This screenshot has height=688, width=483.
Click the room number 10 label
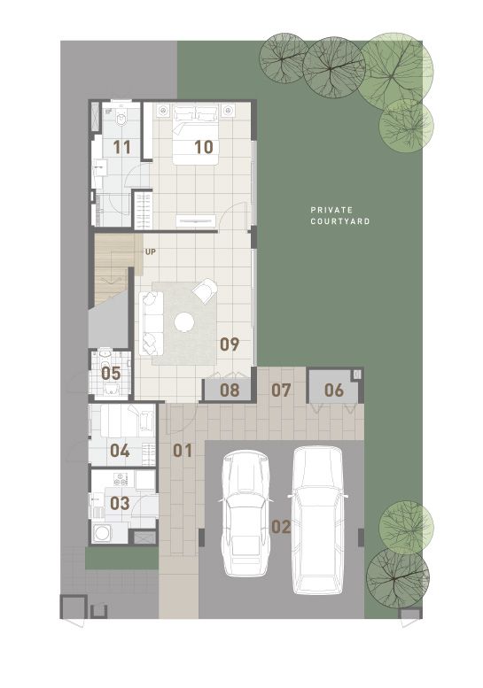[204, 147]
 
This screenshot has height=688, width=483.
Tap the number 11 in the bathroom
[121, 147]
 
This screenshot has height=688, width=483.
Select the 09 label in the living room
[230, 344]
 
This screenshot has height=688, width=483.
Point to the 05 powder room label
[111, 374]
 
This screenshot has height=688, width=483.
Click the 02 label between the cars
[281, 527]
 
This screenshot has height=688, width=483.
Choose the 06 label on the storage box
[334, 390]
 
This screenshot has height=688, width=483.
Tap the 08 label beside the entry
[230, 390]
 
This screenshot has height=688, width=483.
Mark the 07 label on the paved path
[281, 390]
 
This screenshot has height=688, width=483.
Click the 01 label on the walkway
[183, 451]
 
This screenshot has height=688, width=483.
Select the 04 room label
[120, 451]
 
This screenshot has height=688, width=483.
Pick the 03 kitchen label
[120, 503]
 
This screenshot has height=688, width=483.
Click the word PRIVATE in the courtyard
[331, 210]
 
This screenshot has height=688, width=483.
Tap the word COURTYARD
[340, 221]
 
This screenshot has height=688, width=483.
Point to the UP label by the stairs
[151, 252]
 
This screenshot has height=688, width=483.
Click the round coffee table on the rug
[184, 322]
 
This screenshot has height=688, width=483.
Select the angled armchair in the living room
[205, 290]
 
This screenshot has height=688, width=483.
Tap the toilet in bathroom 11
[121, 120]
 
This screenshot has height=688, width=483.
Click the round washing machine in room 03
[102, 534]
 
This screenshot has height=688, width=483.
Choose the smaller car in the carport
[245, 514]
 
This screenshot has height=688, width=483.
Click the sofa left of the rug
[151, 323]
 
